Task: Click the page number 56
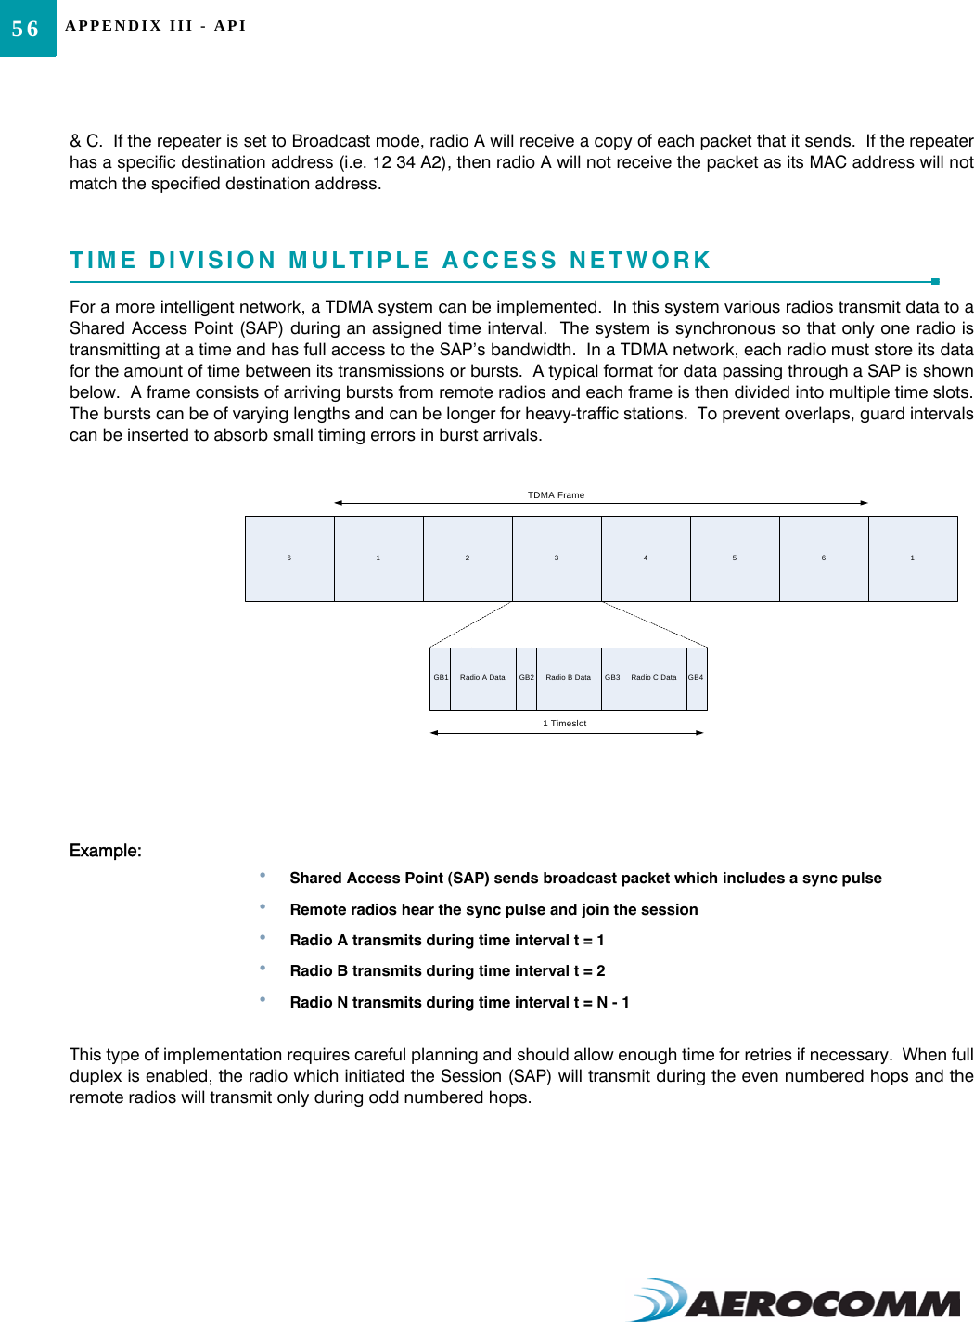[x=26, y=29]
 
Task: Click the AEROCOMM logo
[x=797, y=1301]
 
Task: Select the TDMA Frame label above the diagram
[x=556, y=495]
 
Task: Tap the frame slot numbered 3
[x=557, y=558]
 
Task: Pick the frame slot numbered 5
[x=735, y=558]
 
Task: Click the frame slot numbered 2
[x=468, y=558]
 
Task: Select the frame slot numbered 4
[x=646, y=558]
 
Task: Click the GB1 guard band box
[x=441, y=678]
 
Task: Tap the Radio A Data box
[x=482, y=678]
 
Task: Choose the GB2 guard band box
[x=526, y=678]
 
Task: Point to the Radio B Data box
[x=568, y=678]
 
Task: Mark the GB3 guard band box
[x=612, y=678]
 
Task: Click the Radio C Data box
[x=654, y=678]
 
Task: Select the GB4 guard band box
[x=696, y=678]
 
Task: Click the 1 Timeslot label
[x=564, y=724]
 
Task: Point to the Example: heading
[x=106, y=851]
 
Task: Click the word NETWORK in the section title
[x=640, y=261]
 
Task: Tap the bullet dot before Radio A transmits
[x=263, y=938]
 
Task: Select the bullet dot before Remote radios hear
[x=263, y=906]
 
